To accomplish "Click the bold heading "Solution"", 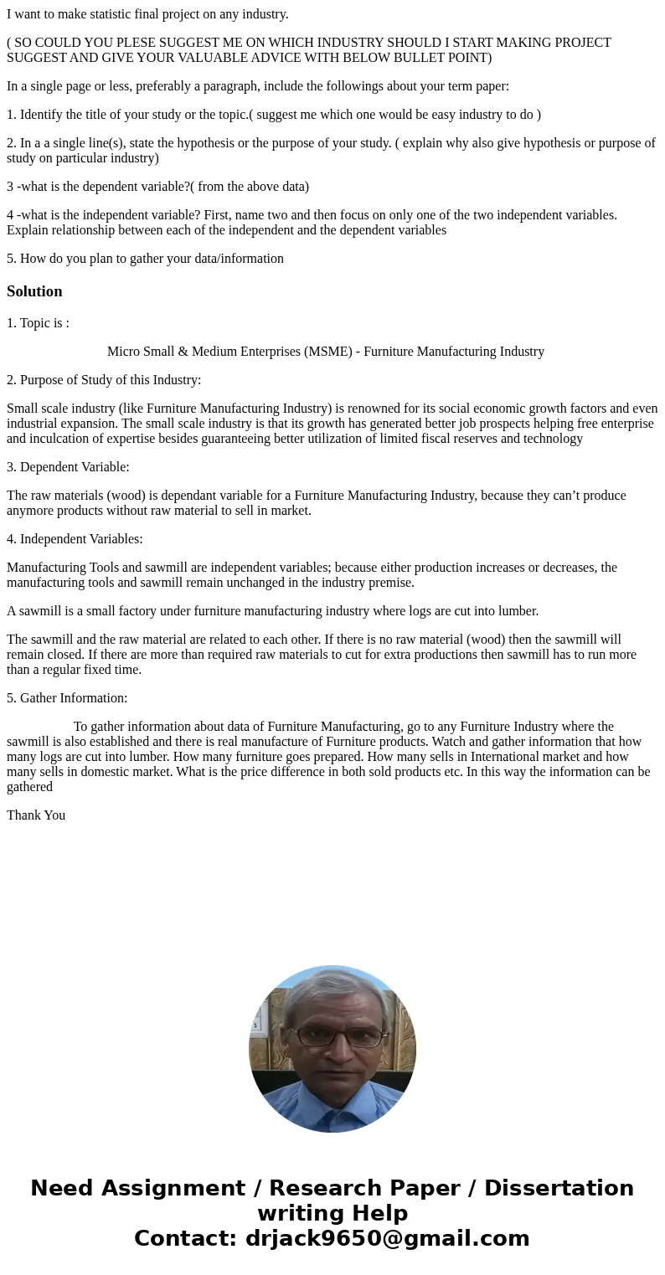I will point(34,291).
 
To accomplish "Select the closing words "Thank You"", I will point(36,815).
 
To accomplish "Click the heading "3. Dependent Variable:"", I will point(68,466).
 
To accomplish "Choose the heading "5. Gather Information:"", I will point(67,697).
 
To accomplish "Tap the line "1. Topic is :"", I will point(38,322).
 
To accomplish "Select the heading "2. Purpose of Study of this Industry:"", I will point(104,379).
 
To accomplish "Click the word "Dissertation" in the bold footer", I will point(559,1189).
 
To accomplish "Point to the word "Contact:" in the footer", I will point(185,1238).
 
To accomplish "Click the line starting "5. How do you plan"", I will point(145,258).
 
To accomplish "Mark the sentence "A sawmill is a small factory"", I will point(272,610).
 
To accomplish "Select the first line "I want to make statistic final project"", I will point(147,13).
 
